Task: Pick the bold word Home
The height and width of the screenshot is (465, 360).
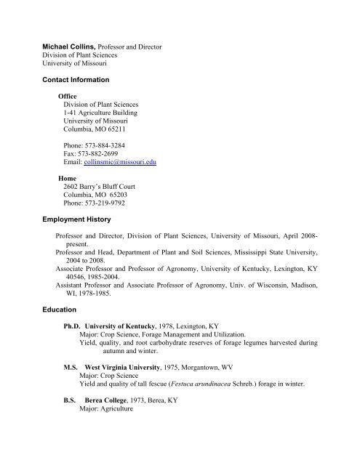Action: click(x=68, y=178)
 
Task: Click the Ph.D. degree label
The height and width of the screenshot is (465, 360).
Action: click(x=71, y=327)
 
